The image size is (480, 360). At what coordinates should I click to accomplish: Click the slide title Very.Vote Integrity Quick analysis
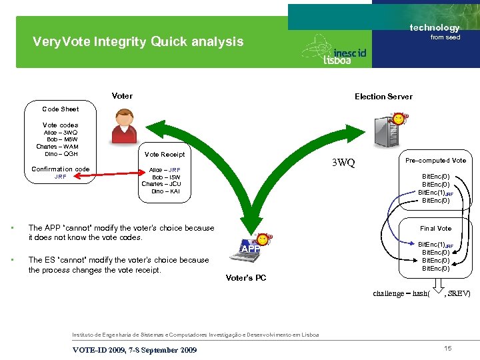[x=138, y=42]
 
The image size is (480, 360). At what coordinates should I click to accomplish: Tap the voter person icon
[x=124, y=126]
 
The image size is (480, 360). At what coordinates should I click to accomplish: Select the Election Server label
[x=383, y=97]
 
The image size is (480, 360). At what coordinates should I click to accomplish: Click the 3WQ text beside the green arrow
[x=343, y=163]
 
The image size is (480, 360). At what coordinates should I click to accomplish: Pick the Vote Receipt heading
[x=165, y=154]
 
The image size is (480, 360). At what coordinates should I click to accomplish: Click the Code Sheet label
[x=60, y=109]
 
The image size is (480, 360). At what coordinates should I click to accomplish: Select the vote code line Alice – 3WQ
[x=60, y=133]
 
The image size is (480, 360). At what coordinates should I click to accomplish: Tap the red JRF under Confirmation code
[x=60, y=177]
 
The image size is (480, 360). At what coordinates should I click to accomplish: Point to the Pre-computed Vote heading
[x=435, y=161]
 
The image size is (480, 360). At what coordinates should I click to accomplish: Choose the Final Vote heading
[x=435, y=229]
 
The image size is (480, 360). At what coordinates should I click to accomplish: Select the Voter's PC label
[x=245, y=278]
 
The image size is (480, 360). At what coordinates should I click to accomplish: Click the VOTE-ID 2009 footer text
[x=134, y=349]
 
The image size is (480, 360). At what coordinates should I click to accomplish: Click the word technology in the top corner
[x=434, y=27]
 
